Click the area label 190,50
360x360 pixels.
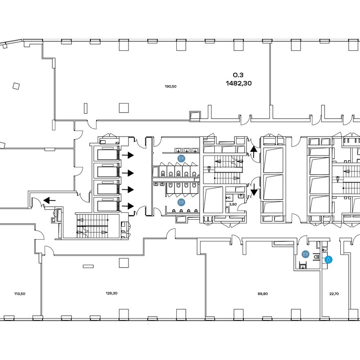(x=171, y=87)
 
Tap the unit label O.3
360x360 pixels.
(x=238, y=75)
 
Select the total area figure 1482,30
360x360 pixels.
(x=239, y=83)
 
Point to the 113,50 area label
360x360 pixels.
(x=20, y=294)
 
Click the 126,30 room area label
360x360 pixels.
(x=112, y=293)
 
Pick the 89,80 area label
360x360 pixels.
(x=263, y=294)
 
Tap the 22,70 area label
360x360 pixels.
(x=334, y=294)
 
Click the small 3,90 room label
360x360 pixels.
(x=233, y=204)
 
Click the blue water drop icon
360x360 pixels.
(x=328, y=260)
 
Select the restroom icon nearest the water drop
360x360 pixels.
(x=306, y=254)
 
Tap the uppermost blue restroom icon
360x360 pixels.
(x=182, y=158)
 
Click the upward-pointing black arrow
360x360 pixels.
(x=254, y=152)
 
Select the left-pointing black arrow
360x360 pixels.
(x=49, y=200)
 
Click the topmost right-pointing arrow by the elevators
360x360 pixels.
(x=128, y=155)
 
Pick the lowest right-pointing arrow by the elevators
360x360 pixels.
(x=128, y=206)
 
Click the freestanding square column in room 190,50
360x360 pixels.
(x=124, y=108)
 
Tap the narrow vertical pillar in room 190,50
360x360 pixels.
(x=85, y=108)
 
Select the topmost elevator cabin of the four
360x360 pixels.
(x=107, y=155)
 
